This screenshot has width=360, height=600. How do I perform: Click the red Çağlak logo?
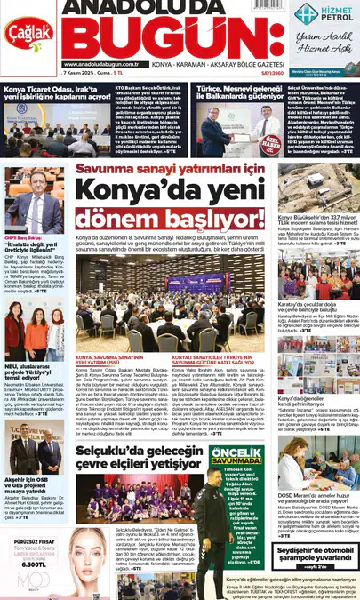coord(29,33)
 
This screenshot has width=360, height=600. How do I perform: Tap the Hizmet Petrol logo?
coord(325,13)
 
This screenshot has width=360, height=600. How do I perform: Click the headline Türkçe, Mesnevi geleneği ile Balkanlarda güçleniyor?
coord(232,92)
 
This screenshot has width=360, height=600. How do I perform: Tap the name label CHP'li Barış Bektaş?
coord(24,238)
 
